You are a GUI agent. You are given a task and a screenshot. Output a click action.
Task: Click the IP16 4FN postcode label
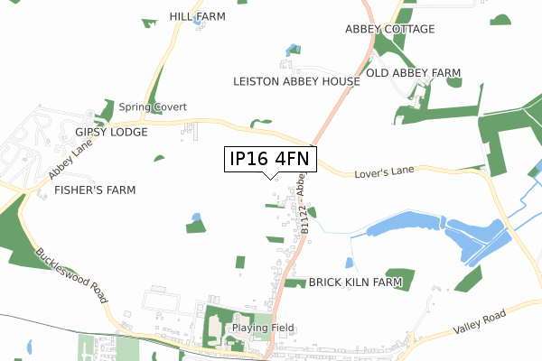point(270,159)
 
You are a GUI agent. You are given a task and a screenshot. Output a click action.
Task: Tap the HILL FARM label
point(196,16)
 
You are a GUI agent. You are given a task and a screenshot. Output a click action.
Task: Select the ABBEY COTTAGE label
point(389,29)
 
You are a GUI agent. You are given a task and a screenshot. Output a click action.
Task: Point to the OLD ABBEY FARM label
point(413,72)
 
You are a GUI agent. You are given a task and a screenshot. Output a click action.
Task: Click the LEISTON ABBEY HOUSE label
point(296,81)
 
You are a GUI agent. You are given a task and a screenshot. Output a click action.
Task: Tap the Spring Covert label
point(152,106)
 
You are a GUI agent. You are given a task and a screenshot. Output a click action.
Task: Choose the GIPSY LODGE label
point(111,131)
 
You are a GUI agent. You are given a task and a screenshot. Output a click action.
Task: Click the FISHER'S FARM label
point(94,190)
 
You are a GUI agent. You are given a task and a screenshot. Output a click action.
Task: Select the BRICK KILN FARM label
point(355,282)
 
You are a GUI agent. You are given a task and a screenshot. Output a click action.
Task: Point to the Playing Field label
point(257,328)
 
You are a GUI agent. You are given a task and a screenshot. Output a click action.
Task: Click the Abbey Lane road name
point(65,163)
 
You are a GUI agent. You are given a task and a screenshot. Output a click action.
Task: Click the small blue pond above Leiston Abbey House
point(291,49)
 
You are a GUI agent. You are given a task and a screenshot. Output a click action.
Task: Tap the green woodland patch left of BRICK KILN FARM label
point(294,282)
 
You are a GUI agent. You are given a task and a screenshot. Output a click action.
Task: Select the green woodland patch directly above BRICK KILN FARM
point(398,272)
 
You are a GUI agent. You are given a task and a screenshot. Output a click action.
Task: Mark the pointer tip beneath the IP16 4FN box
point(270,177)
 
